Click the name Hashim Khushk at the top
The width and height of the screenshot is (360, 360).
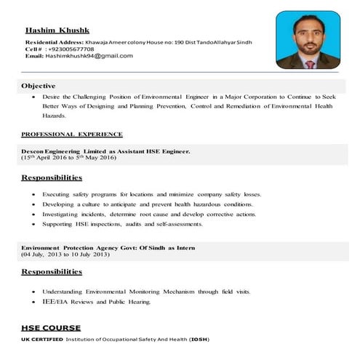coord(56,31)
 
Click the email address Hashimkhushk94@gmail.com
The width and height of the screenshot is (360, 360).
coord(89,56)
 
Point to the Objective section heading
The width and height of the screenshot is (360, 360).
coord(39,86)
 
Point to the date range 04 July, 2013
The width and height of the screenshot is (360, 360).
coord(65,255)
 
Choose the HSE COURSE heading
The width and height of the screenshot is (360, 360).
coord(51,328)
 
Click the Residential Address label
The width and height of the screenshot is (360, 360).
coord(53,43)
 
